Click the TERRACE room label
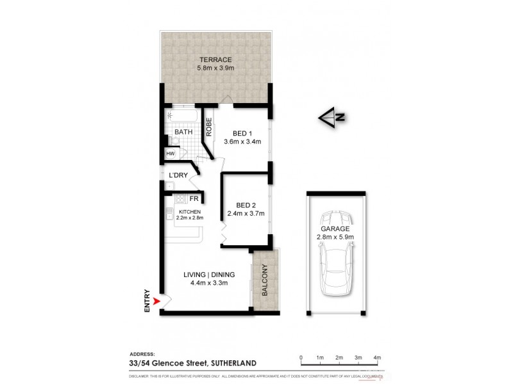tap(215, 60)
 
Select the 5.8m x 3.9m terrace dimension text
tap(215, 68)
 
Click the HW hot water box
tap(171, 154)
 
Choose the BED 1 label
tap(241, 133)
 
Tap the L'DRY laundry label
tap(178, 175)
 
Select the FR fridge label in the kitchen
tap(193, 199)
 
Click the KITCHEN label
tap(190, 212)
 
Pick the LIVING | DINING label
tap(206, 274)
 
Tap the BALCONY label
tap(264, 280)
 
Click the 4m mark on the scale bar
tap(377, 357)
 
